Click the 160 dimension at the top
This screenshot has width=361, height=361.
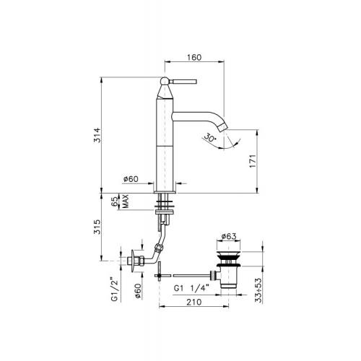[x=194, y=58]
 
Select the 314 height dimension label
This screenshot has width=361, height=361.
[x=97, y=135]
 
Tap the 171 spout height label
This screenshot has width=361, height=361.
[x=253, y=161]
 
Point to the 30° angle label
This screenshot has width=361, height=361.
[x=210, y=138]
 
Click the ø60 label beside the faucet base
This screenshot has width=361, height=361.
[x=131, y=179]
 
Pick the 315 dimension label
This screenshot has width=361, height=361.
[x=97, y=227]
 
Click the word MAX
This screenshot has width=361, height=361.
[x=126, y=201]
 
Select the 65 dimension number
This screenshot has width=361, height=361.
[x=115, y=201]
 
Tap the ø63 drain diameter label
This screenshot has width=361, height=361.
[x=229, y=236]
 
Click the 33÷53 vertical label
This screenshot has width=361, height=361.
[x=258, y=290]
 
